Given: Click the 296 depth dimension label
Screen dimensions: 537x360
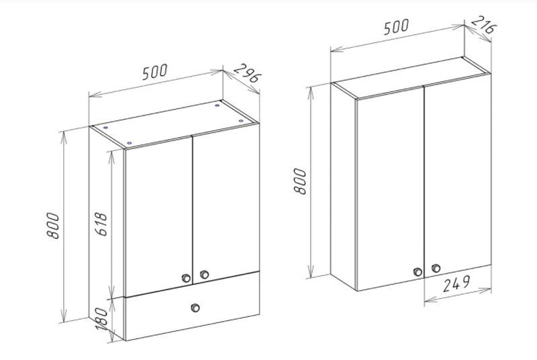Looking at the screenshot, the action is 248,73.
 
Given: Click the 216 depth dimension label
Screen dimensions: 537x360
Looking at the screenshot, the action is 483,24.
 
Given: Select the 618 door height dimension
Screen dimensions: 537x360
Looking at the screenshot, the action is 101,224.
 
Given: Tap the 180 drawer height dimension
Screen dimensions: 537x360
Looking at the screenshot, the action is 102,318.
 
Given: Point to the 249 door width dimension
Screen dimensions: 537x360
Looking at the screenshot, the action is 456,284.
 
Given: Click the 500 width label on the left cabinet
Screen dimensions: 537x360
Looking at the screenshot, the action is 155,72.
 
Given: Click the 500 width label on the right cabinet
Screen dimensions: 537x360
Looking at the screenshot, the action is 396,27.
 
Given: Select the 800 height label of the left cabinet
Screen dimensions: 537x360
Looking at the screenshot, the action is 53,226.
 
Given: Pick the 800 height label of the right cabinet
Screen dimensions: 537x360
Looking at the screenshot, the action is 300,181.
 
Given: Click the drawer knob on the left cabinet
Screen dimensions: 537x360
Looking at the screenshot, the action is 195,308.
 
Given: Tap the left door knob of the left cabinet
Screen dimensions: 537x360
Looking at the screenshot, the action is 186,278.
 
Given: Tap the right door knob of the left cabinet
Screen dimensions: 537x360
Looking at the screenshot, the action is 205,275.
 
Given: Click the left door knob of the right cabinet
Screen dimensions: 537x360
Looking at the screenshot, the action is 418,272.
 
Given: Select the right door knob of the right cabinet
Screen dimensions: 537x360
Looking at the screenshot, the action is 436,268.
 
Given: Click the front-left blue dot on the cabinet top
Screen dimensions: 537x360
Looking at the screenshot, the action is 129,143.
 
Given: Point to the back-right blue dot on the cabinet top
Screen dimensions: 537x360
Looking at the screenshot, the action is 217,105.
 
